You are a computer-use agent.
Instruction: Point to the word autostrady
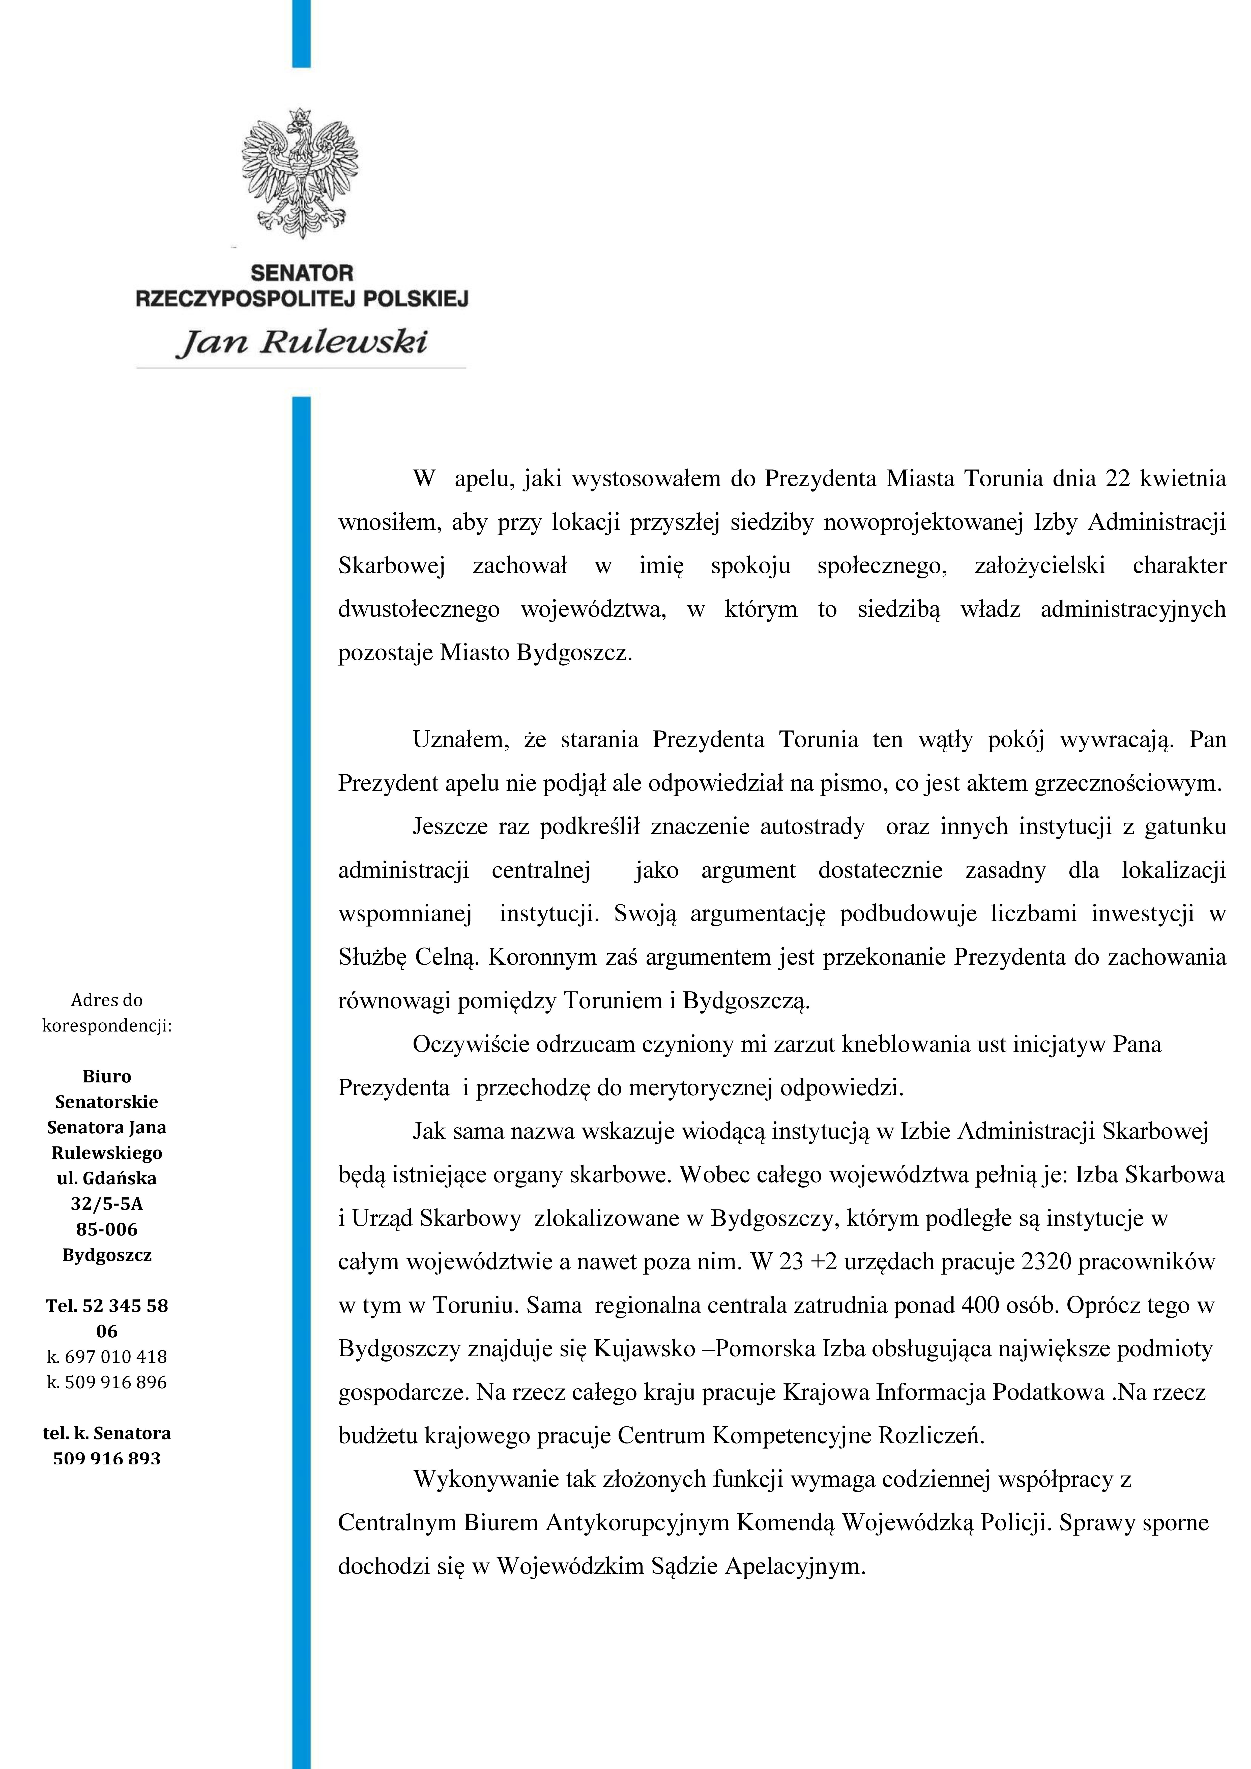coord(812,827)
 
